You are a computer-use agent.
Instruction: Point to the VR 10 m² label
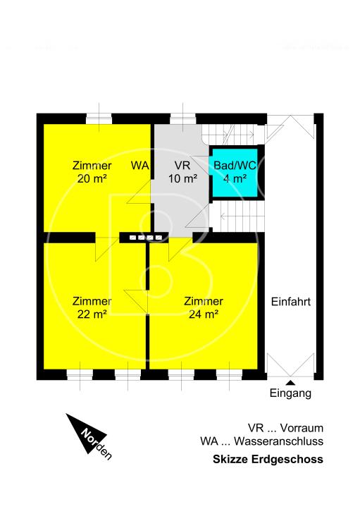(x=182, y=172)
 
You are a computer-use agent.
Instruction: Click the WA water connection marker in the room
(x=139, y=166)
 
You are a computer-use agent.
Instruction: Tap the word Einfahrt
(x=291, y=301)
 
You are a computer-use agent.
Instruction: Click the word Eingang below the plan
(x=290, y=393)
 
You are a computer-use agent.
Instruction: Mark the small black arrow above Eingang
(x=291, y=382)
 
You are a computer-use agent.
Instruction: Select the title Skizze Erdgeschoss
(x=268, y=459)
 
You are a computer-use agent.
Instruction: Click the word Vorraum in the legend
(x=302, y=428)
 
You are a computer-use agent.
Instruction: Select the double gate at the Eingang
(x=291, y=367)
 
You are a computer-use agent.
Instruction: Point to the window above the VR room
(x=182, y=118)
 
